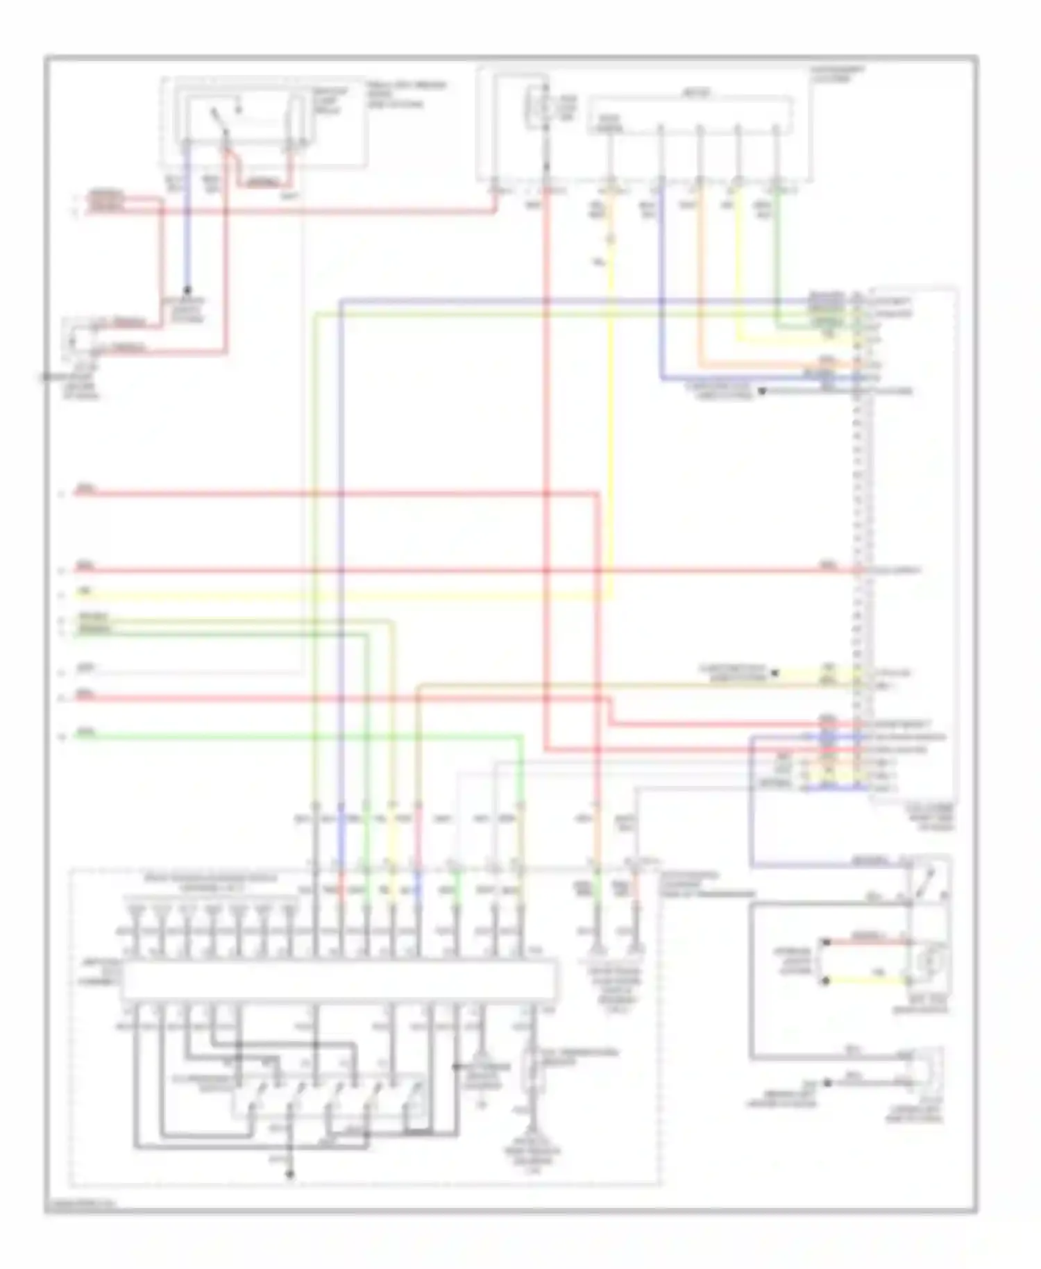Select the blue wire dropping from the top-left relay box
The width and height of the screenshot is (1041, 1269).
click(187, 222)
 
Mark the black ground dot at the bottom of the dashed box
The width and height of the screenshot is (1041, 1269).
click(290, 1175)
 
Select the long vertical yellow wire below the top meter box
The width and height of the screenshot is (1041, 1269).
click(611, 417)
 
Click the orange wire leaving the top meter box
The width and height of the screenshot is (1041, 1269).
click(700, 278)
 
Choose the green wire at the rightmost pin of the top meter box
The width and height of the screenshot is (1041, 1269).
click(777, 257)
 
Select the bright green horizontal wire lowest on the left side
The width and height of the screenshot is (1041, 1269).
click(298, 735)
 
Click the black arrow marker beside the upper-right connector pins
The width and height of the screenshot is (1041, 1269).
click(761, 392)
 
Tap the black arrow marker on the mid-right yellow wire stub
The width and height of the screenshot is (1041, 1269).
click(775, 672)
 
